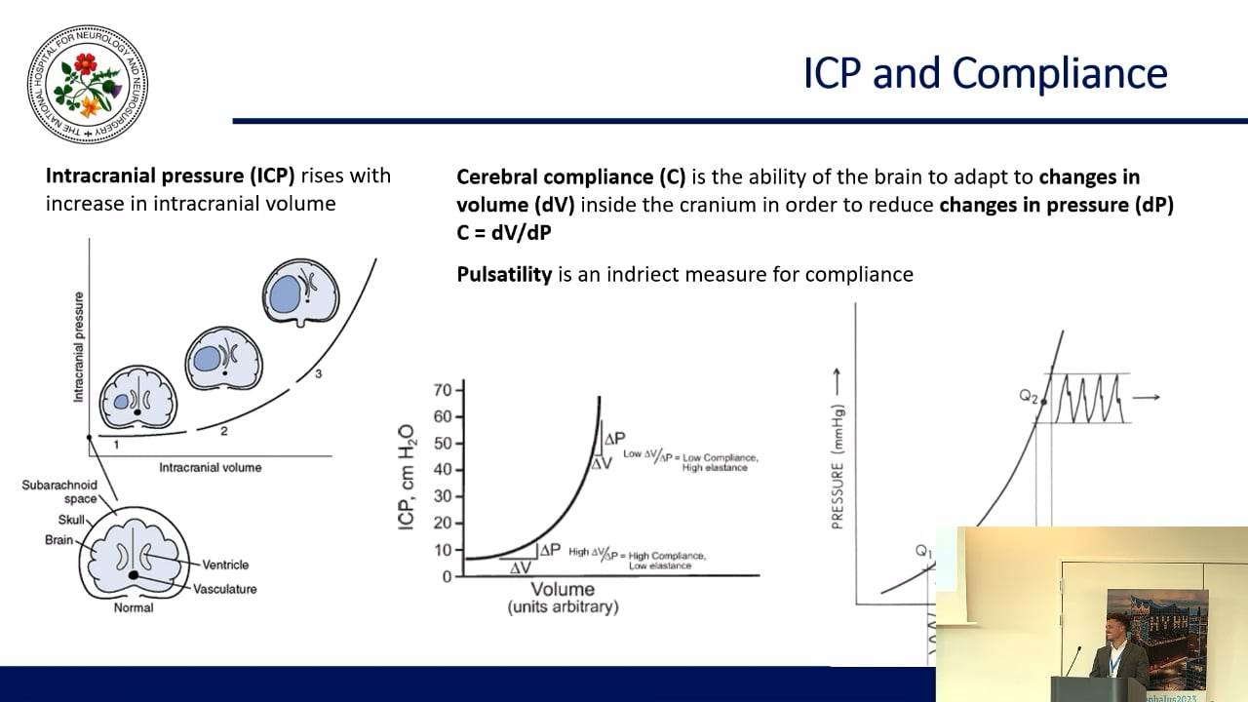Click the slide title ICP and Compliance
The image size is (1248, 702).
(x=985, y=74)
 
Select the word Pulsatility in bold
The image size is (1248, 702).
(x=504, y=274)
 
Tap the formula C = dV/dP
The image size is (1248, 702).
(x=503, y=232)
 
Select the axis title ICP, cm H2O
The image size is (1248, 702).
(x=406, y=478)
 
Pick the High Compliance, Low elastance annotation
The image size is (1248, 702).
(x=637, y=558)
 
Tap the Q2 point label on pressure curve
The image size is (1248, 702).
(x=1029, y=396)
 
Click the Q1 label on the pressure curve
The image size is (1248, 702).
(x=924, y=551)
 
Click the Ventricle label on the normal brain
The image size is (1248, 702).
(x=224, y=564)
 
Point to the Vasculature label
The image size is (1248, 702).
(x=224, y=589)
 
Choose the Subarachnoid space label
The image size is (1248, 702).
(x=59, y=491)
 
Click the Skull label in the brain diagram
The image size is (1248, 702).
(x=71, y=521)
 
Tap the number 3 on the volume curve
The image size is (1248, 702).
(x=319, y=374)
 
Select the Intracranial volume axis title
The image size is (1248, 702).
(x=211, y=468)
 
